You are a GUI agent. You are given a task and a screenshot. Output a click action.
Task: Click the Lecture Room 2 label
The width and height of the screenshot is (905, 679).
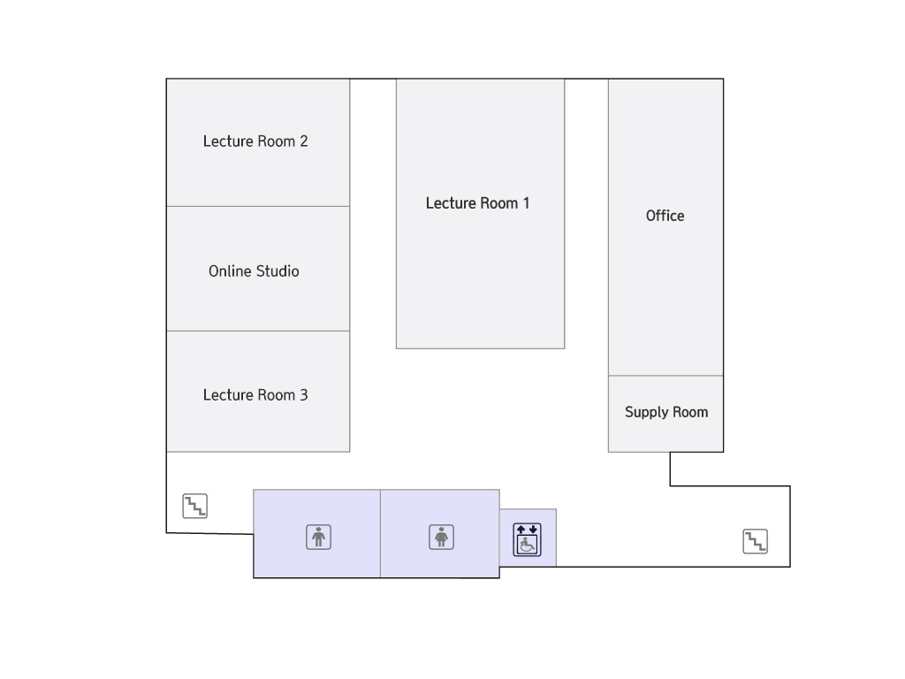click(255, 141)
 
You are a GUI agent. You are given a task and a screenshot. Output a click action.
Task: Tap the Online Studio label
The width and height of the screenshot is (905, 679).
click(254, 271)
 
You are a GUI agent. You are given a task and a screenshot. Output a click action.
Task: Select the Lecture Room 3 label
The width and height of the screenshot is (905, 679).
click(255, 395)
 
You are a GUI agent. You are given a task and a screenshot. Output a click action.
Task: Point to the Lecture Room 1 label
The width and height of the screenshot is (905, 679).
click(477, 203)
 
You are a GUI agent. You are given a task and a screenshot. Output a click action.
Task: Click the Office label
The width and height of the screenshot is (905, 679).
click(665, 216)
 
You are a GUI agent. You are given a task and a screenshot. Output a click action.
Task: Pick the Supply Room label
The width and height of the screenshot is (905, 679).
click(666, 412)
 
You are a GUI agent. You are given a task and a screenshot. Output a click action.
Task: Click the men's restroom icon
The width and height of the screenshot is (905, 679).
click(318, 537)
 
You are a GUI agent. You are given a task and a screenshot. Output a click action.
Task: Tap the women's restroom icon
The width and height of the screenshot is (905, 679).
click(442, 537)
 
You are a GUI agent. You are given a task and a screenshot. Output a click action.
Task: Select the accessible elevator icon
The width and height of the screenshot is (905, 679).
click(527, 540)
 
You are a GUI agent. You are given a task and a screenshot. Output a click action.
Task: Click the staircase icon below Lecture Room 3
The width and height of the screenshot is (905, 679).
click(195, 506)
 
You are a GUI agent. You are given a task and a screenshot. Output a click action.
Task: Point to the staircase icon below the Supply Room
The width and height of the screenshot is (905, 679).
click(755, 541)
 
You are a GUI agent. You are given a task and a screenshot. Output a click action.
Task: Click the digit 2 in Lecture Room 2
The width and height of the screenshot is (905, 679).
click(304, 141)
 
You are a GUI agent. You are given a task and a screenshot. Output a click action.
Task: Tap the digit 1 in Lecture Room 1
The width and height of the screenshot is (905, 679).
click(526, 203)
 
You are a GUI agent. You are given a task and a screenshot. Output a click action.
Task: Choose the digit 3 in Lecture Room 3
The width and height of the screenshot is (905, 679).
click(304, 395)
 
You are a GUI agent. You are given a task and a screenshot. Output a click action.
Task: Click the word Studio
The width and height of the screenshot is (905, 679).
click(278, 271)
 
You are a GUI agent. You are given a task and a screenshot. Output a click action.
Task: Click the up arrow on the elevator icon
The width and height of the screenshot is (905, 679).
click(521, 530)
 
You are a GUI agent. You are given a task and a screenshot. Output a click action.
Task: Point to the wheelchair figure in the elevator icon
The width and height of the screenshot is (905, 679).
click(527, 545)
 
